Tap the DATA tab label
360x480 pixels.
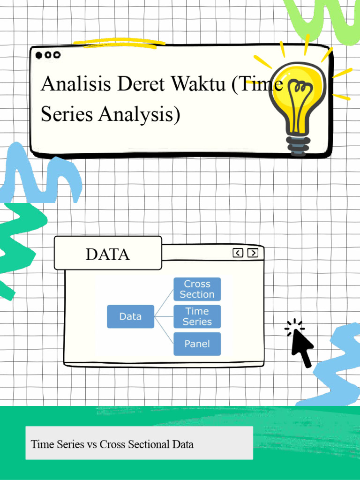tap(107, 254)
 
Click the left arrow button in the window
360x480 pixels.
tap(238, 253)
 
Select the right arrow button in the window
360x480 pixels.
tap(253, 253)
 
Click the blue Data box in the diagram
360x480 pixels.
tap(130, 316)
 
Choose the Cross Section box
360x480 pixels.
tap(197, 289)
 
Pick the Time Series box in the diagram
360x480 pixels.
tap(197, 316)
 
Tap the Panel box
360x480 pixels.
tap(197, 344)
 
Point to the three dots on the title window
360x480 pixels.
tap(48, 55)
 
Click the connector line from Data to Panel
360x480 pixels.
tap(165, 331)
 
